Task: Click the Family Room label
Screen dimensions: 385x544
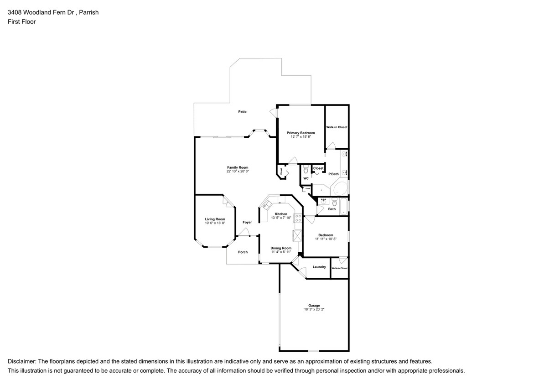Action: pyautogui.click(x=238, y=167)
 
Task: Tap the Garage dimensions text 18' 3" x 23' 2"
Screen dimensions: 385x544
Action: pyautogui.click(x=314, y=309)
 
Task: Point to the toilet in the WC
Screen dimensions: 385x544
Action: pyautogui.click(x=306, y=170)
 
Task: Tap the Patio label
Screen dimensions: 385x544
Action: pyautogui.click(x=242, y=112)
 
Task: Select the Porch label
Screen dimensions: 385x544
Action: pyautogui.click(x=243, y=252)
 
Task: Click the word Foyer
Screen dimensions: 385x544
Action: pyautogui.click(x=247, y=222)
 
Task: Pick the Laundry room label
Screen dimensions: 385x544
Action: pyautogui.click(x=319, y=267)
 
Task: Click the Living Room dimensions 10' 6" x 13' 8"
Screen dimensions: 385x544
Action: pyautogui.click(x=215, y=223)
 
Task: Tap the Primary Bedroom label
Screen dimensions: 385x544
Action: pyautogui.click(x=300, y=133)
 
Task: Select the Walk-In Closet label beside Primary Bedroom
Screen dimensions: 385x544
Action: pyautogui.click(x=337, y=127)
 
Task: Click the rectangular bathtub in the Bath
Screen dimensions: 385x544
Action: pyautogui.click(x=344, y=206)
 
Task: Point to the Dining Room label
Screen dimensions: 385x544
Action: pyautogui.click(x=281, y=248)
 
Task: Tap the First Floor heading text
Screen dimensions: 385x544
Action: pyautogui.click(x=21, y=21)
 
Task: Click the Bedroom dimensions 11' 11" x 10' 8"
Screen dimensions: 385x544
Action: pyautogui.click(x=326, y=239)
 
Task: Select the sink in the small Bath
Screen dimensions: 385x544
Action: pyautogui.click(x=323, y=200)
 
